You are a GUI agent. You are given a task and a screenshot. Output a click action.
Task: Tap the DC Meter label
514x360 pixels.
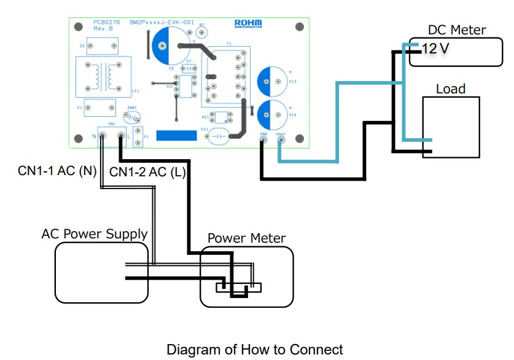[x=457, y=29]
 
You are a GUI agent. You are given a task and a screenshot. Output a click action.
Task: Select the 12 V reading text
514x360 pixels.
[x=436, y=49]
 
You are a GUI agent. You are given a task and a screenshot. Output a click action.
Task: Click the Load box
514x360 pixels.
[x=451, y=127]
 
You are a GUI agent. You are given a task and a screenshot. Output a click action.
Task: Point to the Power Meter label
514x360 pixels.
[x=246, y=238]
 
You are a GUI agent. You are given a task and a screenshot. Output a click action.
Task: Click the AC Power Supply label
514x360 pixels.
[x=95, y=234]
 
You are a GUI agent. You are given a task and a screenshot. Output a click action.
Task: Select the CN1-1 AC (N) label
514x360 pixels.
[x=57, y=171]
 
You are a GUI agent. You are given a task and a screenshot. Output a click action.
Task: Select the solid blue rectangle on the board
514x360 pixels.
[x=176, y=135]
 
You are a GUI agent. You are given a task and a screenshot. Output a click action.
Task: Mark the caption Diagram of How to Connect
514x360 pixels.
[x=255, y=350]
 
